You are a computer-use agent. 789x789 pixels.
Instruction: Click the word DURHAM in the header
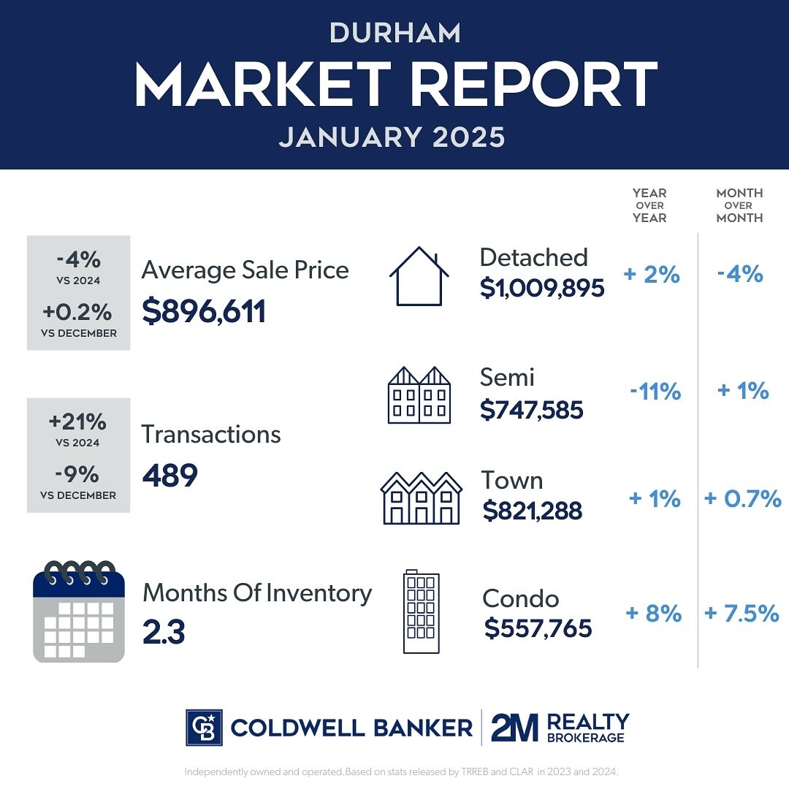tap(394, 33)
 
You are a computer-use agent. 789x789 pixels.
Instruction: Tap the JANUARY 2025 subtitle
tap(392, 137)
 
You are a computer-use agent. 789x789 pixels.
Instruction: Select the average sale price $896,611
tap(204, 311)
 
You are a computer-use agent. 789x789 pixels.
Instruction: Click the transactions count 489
tap(169, 476)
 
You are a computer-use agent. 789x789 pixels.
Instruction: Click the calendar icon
tap(79, 611)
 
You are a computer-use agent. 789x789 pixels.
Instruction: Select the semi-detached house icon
tap(419, 395)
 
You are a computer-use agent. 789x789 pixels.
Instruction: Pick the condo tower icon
tap(422, 612)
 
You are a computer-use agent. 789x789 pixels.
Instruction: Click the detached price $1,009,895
tap(542, 289)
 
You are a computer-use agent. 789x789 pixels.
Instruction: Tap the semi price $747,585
tap(532, 410)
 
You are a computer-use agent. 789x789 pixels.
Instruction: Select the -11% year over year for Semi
tap(655, 392)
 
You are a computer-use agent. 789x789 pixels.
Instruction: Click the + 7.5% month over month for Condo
tap(742, 614)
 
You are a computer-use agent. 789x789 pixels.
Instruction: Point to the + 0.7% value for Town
tap(743, 500)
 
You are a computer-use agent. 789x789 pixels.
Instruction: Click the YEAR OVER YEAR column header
tap(649, 205)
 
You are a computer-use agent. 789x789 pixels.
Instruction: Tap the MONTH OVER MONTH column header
tap(739, 205)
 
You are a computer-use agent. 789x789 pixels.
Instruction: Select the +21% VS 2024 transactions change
tap(78, 422)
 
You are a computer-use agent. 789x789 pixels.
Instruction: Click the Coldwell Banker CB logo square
tap(203, 727)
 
